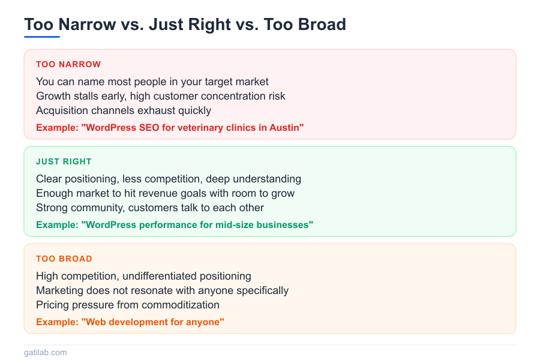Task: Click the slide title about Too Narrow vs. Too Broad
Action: click(185, 25)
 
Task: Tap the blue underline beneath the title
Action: click(42, 37)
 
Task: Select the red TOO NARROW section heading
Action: click(68, 64)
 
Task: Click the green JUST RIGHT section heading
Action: click(64, 161)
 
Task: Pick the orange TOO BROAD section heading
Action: click(64, 259)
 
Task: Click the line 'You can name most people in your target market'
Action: click(152, 82)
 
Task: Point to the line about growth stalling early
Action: click(161, 96)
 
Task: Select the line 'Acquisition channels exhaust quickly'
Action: click(124, 110)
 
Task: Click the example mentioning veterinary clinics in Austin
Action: click(170, 127)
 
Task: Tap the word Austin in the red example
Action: click(286, 127)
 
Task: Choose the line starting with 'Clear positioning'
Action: click(169, 179)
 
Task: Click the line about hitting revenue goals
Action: click(165, 193)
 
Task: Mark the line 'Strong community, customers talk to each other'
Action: click(150, 208)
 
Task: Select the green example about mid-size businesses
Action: click(175, 224)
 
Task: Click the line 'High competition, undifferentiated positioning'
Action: click(143, 276)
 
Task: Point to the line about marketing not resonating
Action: click(162, 290)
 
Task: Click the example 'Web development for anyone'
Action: click(130, 322)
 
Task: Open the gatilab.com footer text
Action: click(46, 352)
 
